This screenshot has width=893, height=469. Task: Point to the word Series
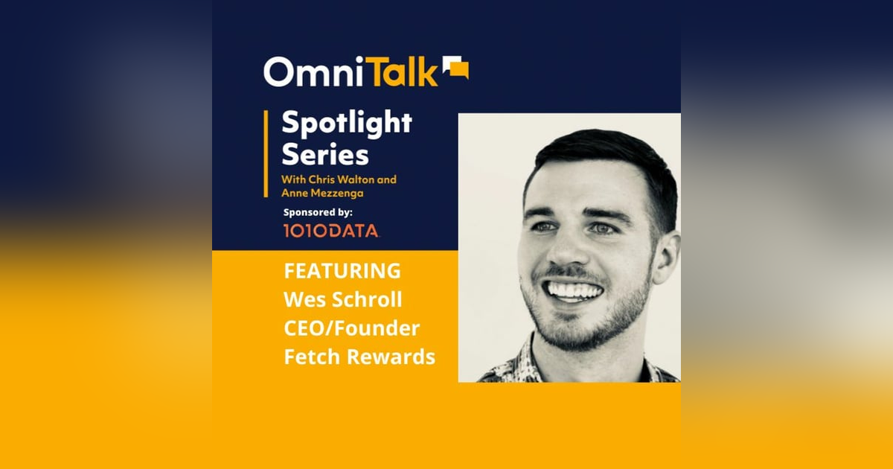[x=325, y=155]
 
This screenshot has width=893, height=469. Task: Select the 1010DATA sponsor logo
[x=330, y=232]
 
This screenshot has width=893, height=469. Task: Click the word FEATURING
[x=342, y=271]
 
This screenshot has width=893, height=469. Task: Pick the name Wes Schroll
[x=343, y=300]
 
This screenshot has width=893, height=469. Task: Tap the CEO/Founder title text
[x=351, y=328]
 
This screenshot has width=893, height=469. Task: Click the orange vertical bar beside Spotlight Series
[x=266, y=153]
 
